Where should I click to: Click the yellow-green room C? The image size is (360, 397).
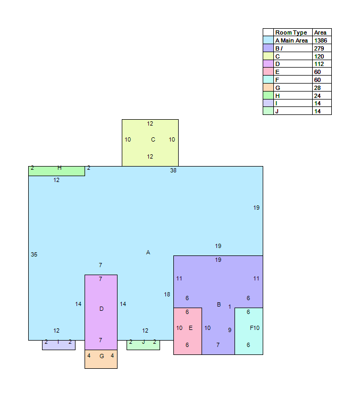pos(150,143)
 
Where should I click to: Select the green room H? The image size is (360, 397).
pos(56,171)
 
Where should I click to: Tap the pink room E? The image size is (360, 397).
pos(188,331)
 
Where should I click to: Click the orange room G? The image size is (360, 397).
pos(101,359)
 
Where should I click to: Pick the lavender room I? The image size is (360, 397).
pos(58,345)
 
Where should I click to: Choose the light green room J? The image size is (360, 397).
pos(143,345)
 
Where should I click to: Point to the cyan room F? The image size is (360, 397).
pos(249,331)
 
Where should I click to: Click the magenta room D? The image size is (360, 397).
pos(101,312)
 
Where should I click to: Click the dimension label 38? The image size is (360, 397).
pos(173,171)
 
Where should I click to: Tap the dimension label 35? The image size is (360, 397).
pos(34,254)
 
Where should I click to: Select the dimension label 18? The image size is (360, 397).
pos(167,294)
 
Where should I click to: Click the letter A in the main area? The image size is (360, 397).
pos(148,252)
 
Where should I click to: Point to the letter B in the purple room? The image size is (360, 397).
pos(219,304)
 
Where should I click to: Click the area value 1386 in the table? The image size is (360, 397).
pos(321,40)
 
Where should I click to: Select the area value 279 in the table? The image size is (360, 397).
pos(319,48)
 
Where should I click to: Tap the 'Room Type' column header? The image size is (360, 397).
pos(291,32)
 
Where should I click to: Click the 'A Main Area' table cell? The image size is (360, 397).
pos(291,40)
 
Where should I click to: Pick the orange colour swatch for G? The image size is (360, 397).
pos(268,88)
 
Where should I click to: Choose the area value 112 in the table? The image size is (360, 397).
pos(319,64)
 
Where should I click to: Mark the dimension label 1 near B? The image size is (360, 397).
pos(230,307)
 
